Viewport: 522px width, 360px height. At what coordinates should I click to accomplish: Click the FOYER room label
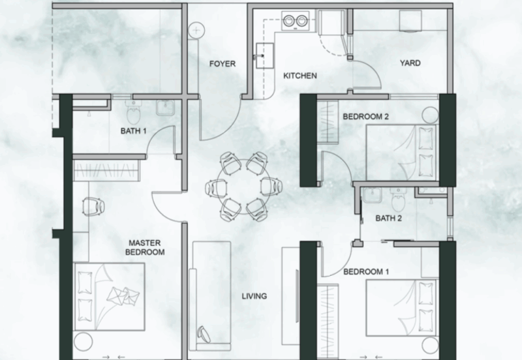point(222,64)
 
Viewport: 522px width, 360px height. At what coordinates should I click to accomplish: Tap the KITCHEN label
point(299,76)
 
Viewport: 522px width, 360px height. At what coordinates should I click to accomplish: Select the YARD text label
point(410,64)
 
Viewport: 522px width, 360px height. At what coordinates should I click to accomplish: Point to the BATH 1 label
point(134,131)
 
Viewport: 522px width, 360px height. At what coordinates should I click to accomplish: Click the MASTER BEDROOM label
point(146,247)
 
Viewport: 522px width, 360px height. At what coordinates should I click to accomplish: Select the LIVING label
point(254,296)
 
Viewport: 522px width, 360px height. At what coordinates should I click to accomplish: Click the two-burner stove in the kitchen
point(294,22)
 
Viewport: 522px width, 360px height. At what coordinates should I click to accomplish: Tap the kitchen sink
point(264,55)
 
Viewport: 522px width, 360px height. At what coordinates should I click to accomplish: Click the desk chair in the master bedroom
point(93,206)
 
